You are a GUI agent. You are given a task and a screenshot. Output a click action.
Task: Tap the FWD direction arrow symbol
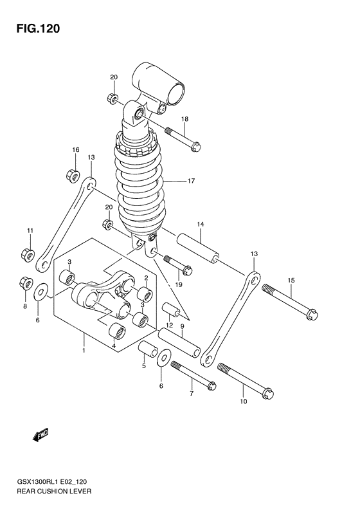(40, 436)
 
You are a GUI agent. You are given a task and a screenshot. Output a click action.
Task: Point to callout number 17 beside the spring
(191, 181)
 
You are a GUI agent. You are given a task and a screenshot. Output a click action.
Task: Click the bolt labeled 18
(183, 138)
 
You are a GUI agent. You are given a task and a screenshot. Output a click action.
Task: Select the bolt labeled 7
(192, 375)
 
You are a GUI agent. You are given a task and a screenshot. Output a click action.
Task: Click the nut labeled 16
(74, 174)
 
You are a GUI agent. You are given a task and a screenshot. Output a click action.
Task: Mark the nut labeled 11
(28, 254)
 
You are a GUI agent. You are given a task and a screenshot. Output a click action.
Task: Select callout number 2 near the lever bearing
(146, 279)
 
